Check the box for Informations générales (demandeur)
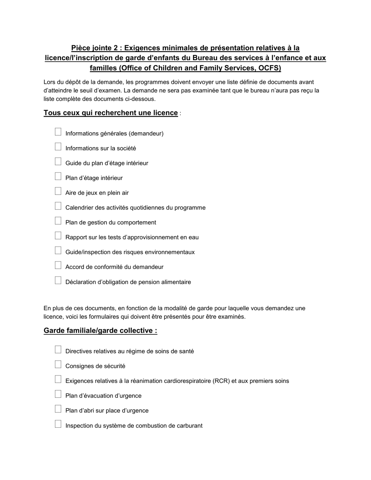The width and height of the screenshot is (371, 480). pyautogui.click(x=58, y=132)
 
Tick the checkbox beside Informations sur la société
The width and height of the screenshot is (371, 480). pyautogui.click(x=58, y=147)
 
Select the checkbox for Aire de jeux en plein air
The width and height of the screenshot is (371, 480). pyautogui.click(x=58, y=191)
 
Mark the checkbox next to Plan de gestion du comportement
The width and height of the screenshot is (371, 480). pyautogui.click(x=58, y=221)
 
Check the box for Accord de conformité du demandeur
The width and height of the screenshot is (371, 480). pyautogui.click(x=58, y=265)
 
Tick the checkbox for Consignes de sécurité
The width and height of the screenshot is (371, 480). pyautogui.click(x=58, y=364)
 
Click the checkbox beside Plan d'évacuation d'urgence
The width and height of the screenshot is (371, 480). pyautogui.click(x=58, y=394)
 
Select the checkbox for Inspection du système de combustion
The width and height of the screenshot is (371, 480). pyautogui.click(x=58, y=424)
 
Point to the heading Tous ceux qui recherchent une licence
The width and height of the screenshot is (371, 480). pyautogui.click(x=111, y=113)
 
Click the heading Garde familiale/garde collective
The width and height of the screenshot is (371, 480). pyautogui.click(x=100, y=331)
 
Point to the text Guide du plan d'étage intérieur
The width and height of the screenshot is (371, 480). pyautogui.click(x=107, y=163)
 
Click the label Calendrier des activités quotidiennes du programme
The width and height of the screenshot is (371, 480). pyautogui.click(x=135, y=208)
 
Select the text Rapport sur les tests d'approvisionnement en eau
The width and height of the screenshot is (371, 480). pyautogui.click(x=132, y=237)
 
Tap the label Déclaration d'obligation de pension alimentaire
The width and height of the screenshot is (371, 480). pyautogui.click(x=128, y=282)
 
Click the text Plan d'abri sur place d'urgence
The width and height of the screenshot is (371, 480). pyautogui.click(x=107, y=411)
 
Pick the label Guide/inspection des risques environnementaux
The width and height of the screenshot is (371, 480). pyautogui.click(x=130, y=252)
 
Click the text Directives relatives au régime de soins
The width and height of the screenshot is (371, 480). pyautogui.click(x=129, y=351)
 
